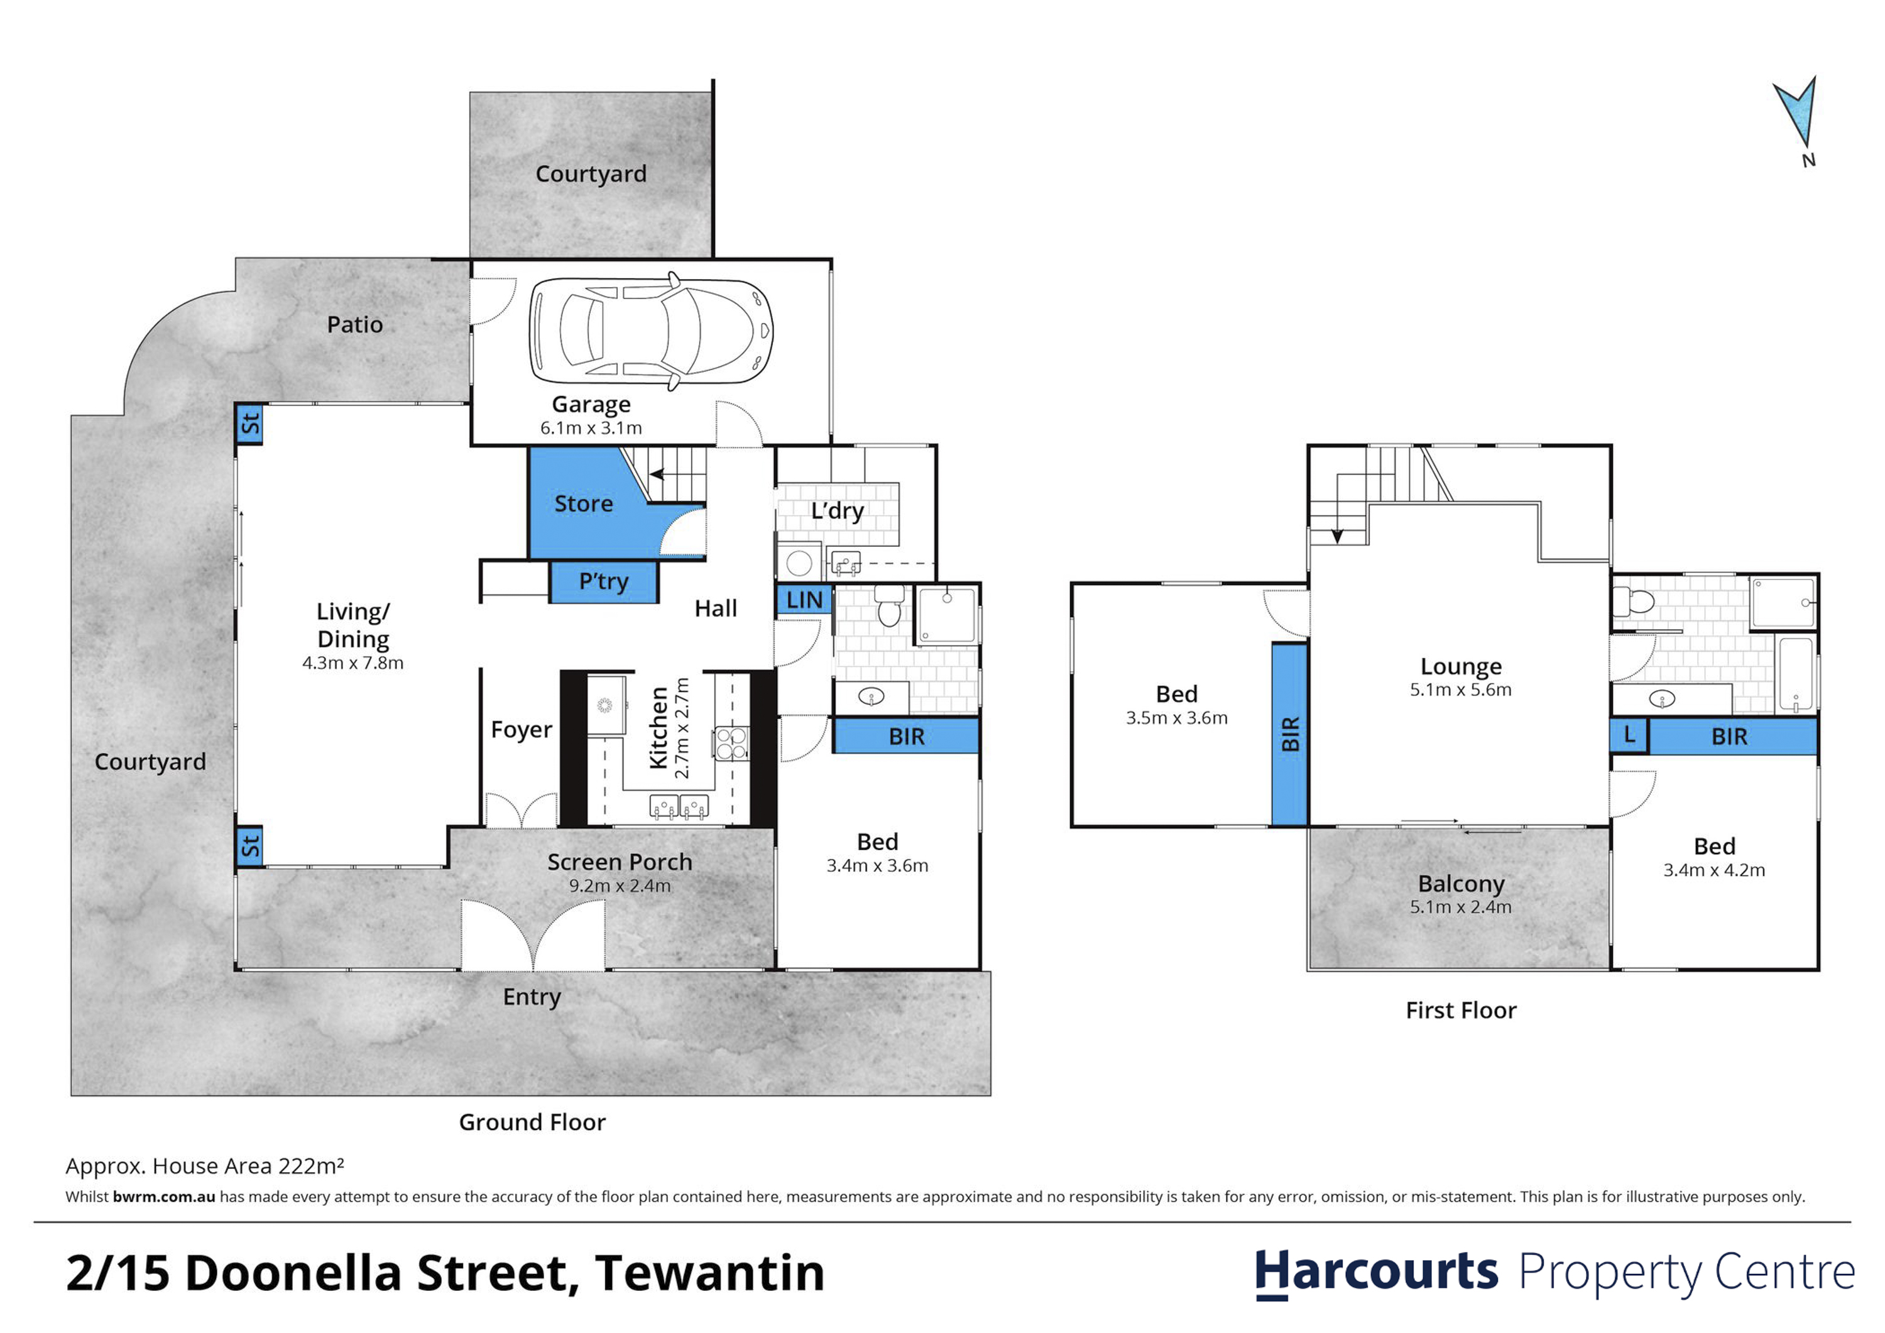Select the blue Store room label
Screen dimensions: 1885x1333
(583, 503)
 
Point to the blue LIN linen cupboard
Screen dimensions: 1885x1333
(804, 600)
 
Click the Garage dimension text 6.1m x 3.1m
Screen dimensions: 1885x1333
(591, 428)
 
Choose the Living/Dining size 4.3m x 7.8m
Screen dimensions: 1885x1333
(353, 663)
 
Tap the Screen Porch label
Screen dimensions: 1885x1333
(620, 862)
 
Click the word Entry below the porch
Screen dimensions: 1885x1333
(532, 997)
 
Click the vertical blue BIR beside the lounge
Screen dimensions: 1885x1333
(1290, 734)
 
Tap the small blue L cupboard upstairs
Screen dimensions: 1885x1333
(1630, 736)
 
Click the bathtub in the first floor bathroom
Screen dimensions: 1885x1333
(1796, 674)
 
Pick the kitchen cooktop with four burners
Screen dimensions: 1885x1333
(731, 744)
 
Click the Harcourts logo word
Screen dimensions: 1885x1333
(1377, 1272)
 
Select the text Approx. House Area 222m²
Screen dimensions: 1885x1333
(204, 1166)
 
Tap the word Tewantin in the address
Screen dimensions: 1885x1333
(710, 1273)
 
